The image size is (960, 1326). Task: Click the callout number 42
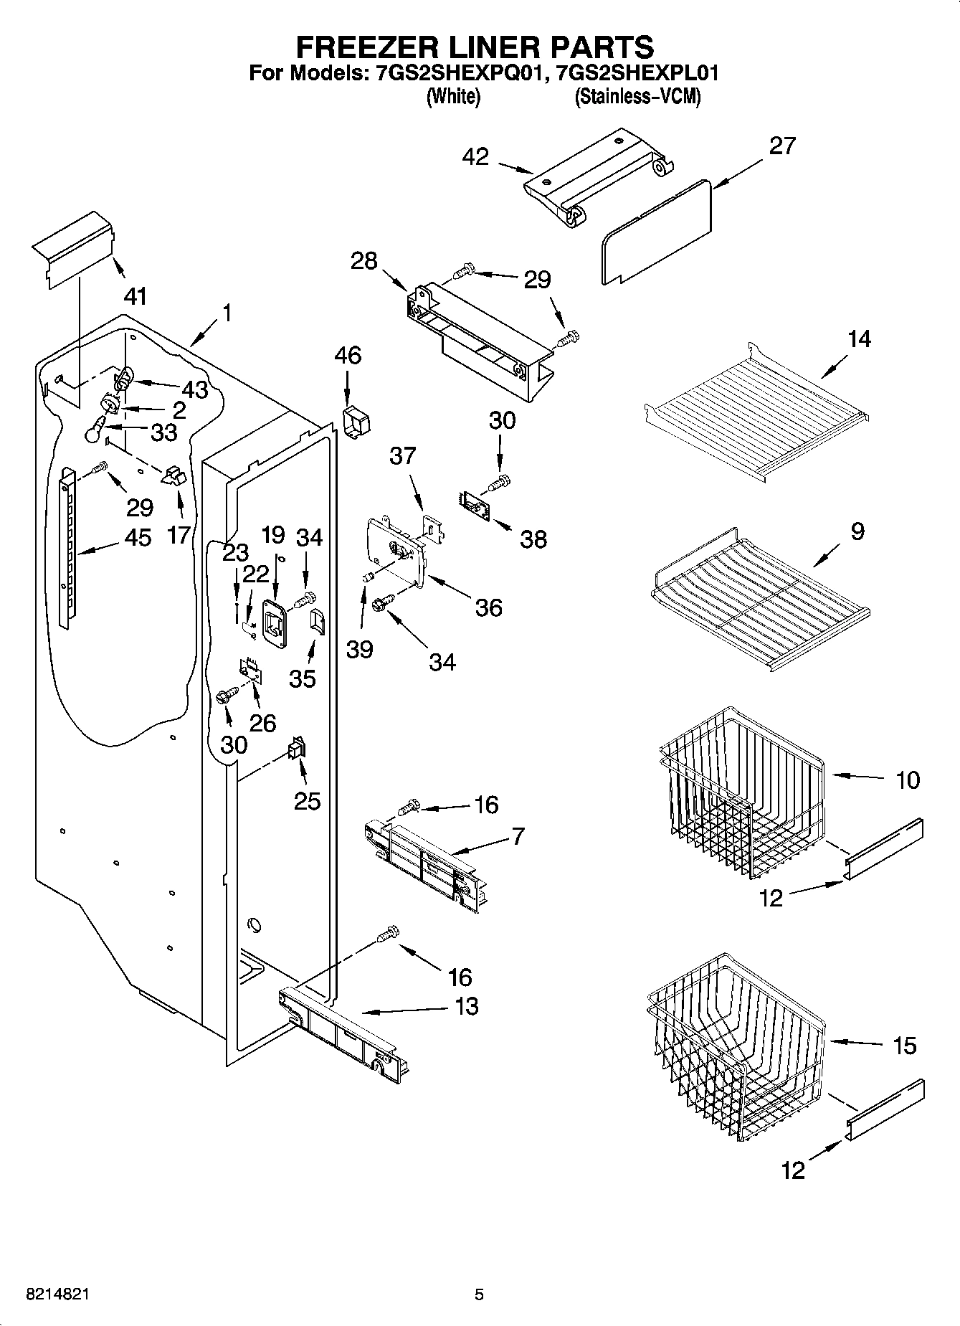pyautogui.click(x=475, y=156)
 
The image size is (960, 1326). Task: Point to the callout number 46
pyautogui.click(x=348, y=355)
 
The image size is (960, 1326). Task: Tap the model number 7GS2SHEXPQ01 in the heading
pyautogui.click(x=457, y=72)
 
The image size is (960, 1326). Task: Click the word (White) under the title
pyautogui.click(x=452, y=96)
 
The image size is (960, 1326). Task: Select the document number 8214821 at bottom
pyautogui.click(x=57, y=1294)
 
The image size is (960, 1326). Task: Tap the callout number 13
pyautogui.click(x=466, y=1006)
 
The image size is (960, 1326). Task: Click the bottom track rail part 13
pyautogui.click(x=344, y=1033)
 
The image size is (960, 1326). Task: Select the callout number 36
pyautogui.click(x=488, y=607)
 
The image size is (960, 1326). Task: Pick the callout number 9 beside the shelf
pyautogui.click(x=857, y=531)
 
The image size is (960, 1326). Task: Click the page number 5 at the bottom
pyautogui.click(x=479, y=1294)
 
